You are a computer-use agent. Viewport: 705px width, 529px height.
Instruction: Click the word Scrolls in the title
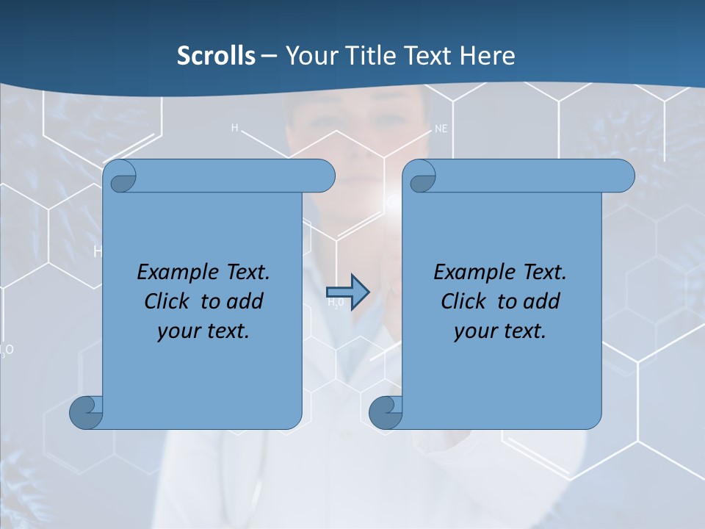point(216,56)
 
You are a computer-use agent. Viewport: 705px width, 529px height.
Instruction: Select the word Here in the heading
point(488,56)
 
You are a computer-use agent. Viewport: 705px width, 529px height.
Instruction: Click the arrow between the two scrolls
point(347,292)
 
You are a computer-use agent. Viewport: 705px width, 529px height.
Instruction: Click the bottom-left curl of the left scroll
point(87,411)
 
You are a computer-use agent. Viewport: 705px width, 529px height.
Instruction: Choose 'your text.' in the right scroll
point(500,331)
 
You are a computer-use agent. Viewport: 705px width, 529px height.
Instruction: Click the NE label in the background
point(441,129)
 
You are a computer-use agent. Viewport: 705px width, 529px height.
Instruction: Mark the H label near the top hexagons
point(235,128)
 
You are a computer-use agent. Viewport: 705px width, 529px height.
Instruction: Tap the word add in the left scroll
point(245,301)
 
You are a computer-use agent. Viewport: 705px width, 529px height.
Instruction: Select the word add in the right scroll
point(542,301)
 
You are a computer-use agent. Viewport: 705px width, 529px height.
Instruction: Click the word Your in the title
point(309,56)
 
